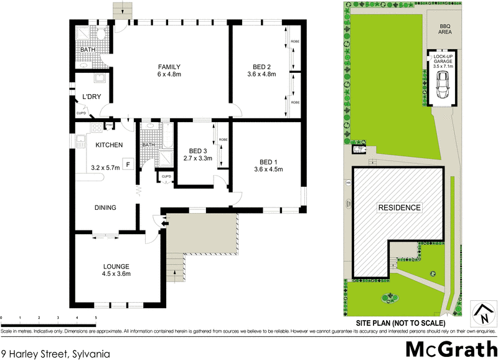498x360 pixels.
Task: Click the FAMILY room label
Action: (x=169, y=67)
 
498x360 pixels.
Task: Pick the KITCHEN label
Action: (x=109, y=145)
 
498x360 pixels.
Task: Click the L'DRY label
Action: (x=92, y=97)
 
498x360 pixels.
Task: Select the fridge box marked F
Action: (x=128, y=164)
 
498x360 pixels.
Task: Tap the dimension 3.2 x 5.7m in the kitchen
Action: (x=105, y=168)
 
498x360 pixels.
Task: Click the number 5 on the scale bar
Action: (x=96, y=318)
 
